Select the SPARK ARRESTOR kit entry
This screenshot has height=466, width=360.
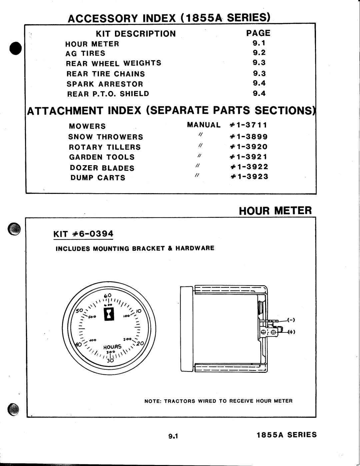click(x=105, y=84)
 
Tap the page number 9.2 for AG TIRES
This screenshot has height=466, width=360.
click(x=259, y=53)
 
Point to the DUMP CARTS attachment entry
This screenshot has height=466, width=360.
click(x=98, y=178)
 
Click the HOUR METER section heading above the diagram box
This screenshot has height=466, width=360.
click(x=275, y=211)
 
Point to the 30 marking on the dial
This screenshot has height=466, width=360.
click(x=110, y=361)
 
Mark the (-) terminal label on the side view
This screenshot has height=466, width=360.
click(x=291, y=320)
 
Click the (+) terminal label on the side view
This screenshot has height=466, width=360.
click(x=291, y=332)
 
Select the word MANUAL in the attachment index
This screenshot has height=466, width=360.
click(x=204, y=125)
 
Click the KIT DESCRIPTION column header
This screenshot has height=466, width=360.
click(x=136, y=34)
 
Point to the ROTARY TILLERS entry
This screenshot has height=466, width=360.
click(x=105, y=147)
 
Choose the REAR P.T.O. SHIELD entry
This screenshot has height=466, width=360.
click(x=108, y=94)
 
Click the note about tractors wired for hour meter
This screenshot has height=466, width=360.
click(x=218, y=401)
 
